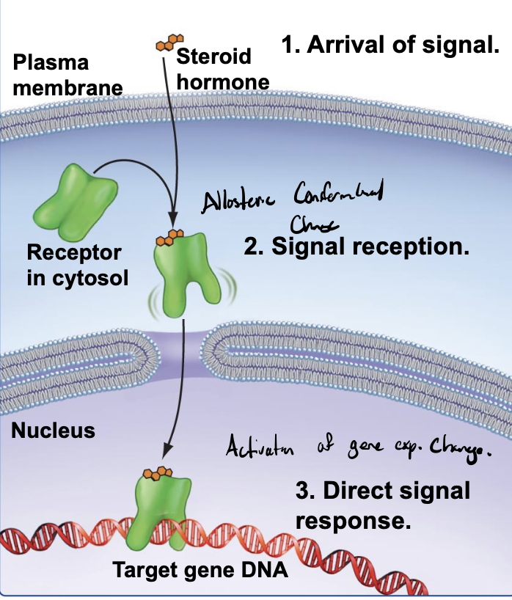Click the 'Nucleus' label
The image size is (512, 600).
[53, 430]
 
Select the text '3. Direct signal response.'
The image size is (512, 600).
[382, 505]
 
